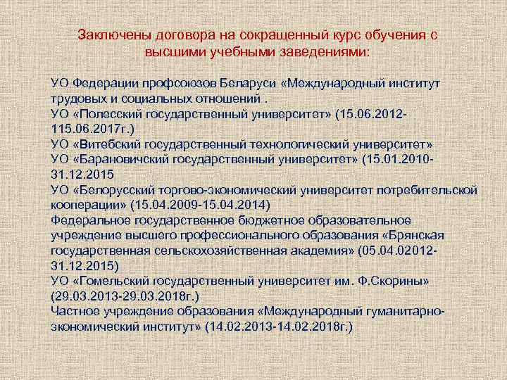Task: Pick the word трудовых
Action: point(78,98)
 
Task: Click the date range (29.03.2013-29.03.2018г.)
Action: point(123,296)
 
